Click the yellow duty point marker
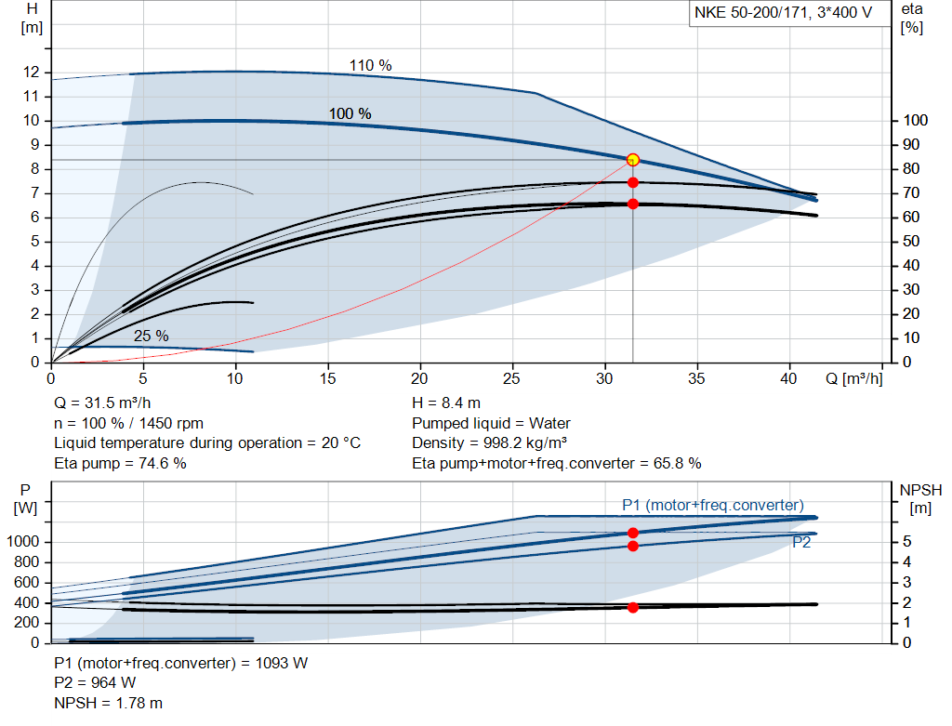tap(633, 160)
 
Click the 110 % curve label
tap(370, 65)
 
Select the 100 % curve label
tap(350, 113)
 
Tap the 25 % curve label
tap(151, 336)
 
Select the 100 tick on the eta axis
tap(915, 121)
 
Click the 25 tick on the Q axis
tap(512, 379)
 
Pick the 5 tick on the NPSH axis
tap(905, 542)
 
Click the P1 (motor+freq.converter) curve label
tap(712, 505)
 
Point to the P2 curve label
tap(801, 543)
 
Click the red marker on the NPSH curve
tap(633, 607)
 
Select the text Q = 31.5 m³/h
tap(102, 404)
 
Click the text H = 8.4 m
tap(446, 404)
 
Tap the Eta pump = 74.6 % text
tap(120, 463)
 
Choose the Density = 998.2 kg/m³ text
tap(490, 443)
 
